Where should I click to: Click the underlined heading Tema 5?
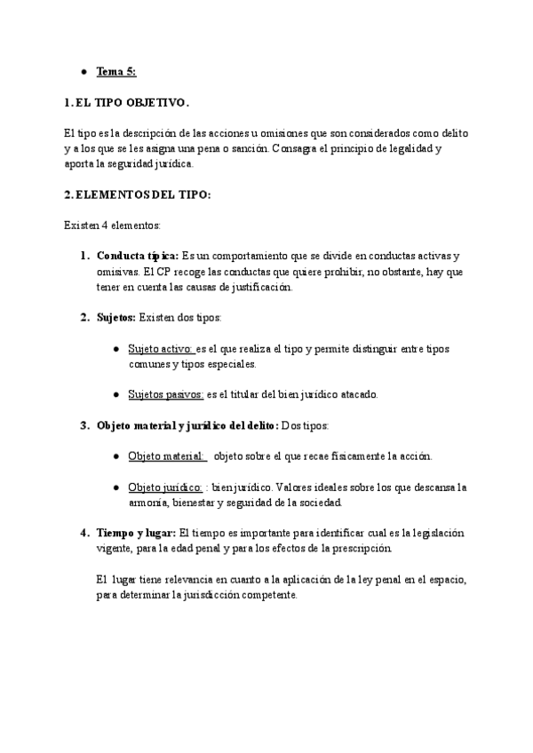pos(116,71)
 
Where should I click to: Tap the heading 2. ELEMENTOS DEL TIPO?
pos(138,194)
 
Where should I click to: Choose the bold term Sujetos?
pos(116,318)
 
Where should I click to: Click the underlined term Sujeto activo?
pos(161,349)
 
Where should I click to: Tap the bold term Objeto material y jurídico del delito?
pos(187,425)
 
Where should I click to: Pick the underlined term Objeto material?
pos(167,456)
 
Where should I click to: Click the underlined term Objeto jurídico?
pos(165,487)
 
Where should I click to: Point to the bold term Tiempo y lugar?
pos(137,533)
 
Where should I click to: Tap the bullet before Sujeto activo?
pos(116,349)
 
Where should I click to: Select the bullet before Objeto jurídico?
pos(116,487)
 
